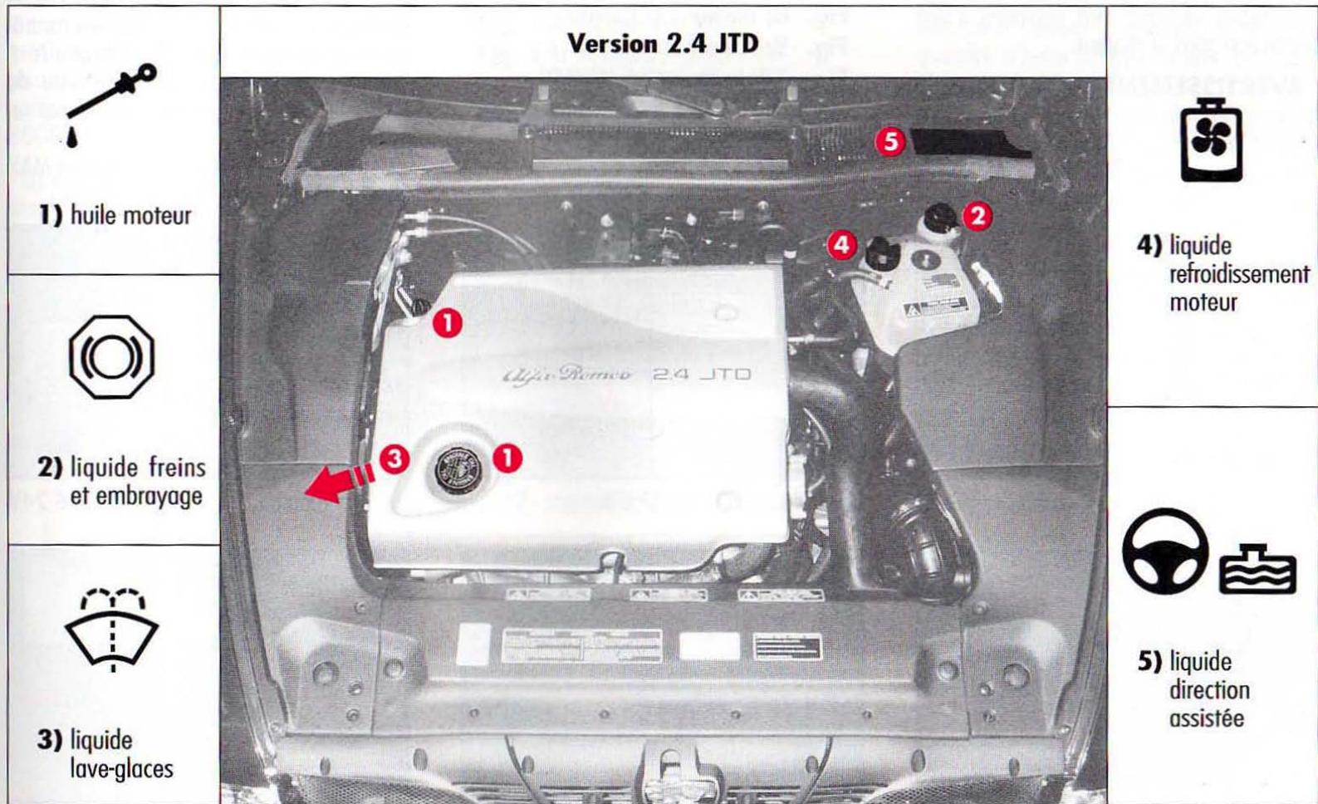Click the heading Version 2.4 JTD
tap(662, 44)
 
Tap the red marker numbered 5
tap(890, 142)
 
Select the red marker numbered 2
tap(977, 216)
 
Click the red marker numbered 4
tap(842, 244)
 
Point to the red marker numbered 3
tap(394, 458)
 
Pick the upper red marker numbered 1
tap(448, 323)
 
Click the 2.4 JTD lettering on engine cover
tap(702, 375)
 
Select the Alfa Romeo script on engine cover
tap(567, 375)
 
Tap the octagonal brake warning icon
tap(112, 357)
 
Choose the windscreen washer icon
tap(112, 629)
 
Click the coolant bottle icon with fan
tap(1211, 142)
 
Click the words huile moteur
tap(130, 216)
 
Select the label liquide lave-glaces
tap(120, 754)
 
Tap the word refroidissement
tap(1238, 274)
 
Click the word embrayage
tap(136, 496)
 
